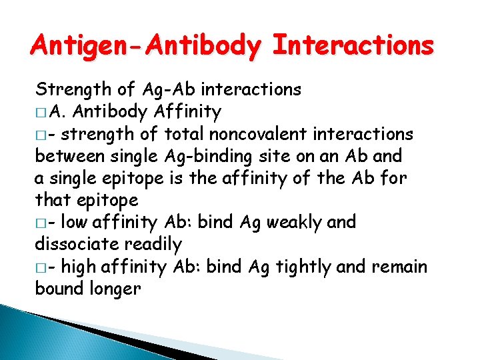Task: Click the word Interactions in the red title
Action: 353,46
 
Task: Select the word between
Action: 68,156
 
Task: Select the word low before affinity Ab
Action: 73,222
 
